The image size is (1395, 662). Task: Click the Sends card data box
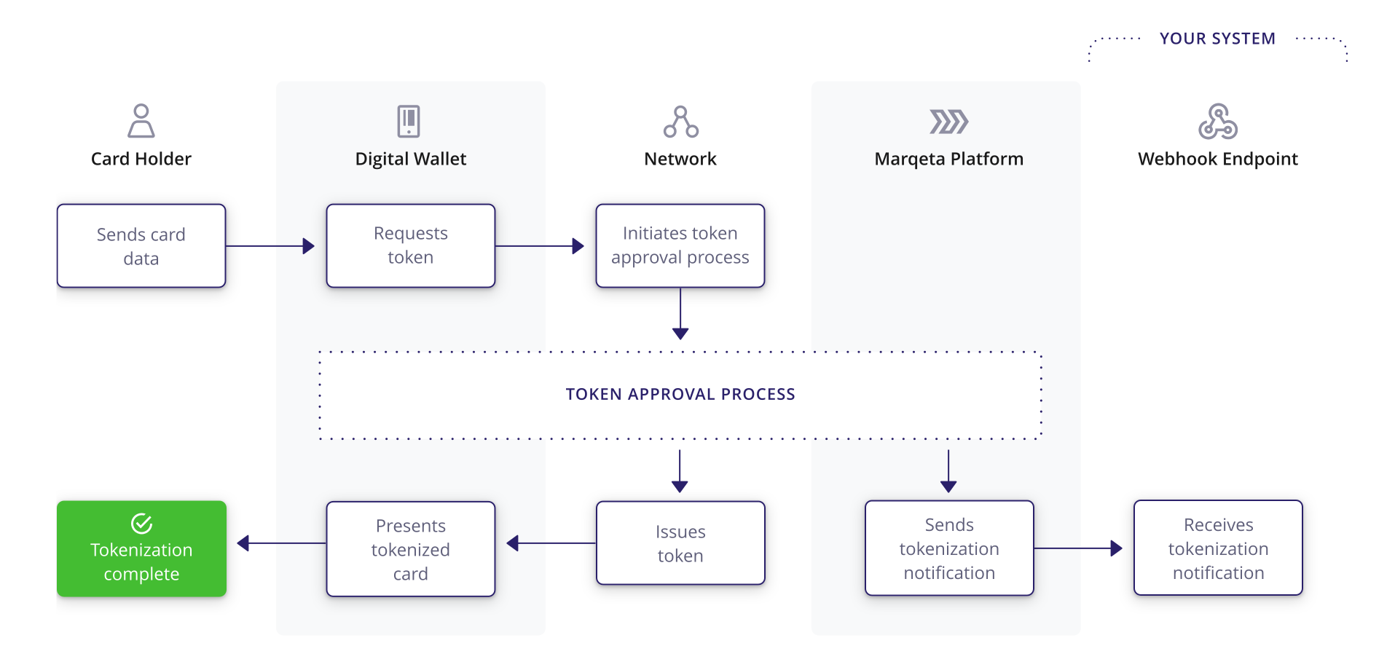[x=141, y=246]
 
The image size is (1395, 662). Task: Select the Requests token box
[x=411, y=246]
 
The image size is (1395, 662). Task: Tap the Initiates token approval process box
[x=680, y=246]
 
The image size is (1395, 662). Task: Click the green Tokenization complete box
[x=141, y=549]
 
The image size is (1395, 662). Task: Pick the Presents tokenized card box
[x=411, y=549]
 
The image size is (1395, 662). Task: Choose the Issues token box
[x=680, y=543]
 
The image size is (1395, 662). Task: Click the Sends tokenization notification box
[x=949, y=548]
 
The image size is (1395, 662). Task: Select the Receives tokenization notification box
[x=1218, y=548]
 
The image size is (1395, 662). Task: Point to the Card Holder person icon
[x=141, y=121]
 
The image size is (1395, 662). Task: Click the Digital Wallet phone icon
[x=409, y=121]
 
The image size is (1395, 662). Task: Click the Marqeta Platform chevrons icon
[x=948, y=122]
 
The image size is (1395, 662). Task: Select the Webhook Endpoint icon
[x=1218, y=122]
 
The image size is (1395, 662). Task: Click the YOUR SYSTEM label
[x=1217, y=39]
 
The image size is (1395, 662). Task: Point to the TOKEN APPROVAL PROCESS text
[x=680, y=394]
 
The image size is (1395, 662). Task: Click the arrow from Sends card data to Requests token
[x=270, y=246]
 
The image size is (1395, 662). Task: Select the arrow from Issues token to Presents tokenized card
[x=551, y=543]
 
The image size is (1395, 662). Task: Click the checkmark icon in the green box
[x=141, y=524]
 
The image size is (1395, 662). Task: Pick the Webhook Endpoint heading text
[x=1218, y=159]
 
